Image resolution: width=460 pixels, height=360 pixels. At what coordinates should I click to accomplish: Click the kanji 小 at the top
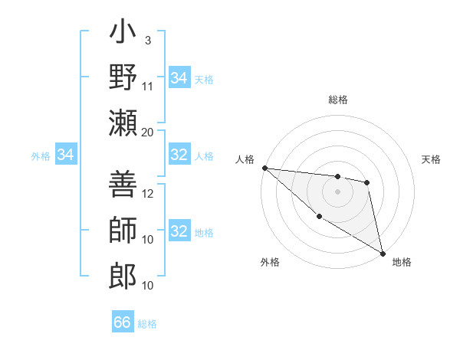[x=123, y=34]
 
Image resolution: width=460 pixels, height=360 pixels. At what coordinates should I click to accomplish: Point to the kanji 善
[x=123, y=186]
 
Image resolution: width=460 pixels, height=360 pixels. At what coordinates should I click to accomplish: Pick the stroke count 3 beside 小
[x=147, y=41]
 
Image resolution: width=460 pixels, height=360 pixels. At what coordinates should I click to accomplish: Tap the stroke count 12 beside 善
[x=148, y=194]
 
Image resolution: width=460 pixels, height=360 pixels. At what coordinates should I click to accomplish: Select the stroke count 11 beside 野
[x=148, y=85]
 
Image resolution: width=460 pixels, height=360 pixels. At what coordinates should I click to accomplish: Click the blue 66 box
[x=123, y=322]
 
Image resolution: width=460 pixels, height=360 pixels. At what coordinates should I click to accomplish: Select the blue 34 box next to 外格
[x=66, y=155]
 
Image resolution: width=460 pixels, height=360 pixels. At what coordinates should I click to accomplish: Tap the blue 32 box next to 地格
[x=179, y=231]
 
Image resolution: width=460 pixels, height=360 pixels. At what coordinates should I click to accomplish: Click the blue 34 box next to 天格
[x=179, y=78]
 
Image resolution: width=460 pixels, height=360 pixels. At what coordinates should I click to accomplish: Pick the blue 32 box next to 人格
[x=179, y=155]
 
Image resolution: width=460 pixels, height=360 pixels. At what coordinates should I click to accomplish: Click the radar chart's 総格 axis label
[x=338, y=100]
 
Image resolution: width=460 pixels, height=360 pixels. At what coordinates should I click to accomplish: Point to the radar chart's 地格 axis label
[x=402, y=262]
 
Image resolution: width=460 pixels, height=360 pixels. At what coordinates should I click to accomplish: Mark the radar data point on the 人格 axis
[x=264, y=168]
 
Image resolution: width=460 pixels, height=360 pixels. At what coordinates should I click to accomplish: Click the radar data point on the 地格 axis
[x=382, y=254]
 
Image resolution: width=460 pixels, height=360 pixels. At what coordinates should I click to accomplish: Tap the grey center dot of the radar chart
[x=337, y=191]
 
